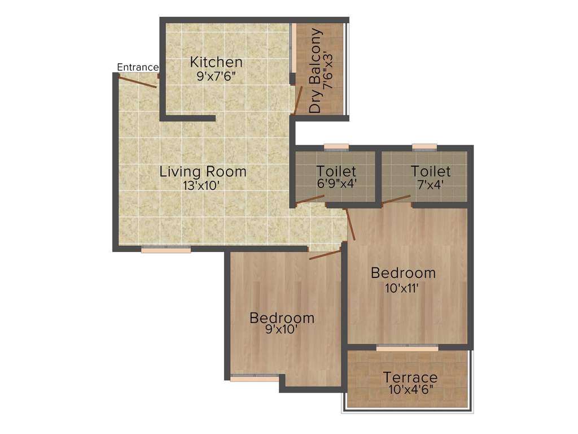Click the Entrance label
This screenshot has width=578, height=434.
click(138, 67)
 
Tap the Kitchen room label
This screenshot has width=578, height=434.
click(216, 62)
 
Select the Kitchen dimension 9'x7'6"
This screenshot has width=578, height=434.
click(216, 76)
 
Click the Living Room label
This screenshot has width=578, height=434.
click(203, 171)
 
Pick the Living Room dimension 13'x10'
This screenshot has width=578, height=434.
click(203, 185)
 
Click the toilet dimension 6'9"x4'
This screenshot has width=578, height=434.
click(336, 183)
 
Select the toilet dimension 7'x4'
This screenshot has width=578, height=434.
click(430, 183)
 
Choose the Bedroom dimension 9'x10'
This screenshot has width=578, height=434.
click(282, 330)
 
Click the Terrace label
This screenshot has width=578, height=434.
click(410, 377)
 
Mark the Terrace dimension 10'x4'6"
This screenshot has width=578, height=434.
click(410, 390)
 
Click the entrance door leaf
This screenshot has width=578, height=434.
click(139, 82)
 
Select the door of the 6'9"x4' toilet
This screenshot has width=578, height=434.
click(310, 199)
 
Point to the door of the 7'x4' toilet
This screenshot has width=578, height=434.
click(396, 198)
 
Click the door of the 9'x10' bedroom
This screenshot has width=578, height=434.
click(326, 255)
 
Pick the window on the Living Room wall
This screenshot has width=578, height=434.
click(166, 249)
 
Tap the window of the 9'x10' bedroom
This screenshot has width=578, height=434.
click(255, 379)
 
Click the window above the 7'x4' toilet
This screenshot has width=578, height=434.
click(424, 147)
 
